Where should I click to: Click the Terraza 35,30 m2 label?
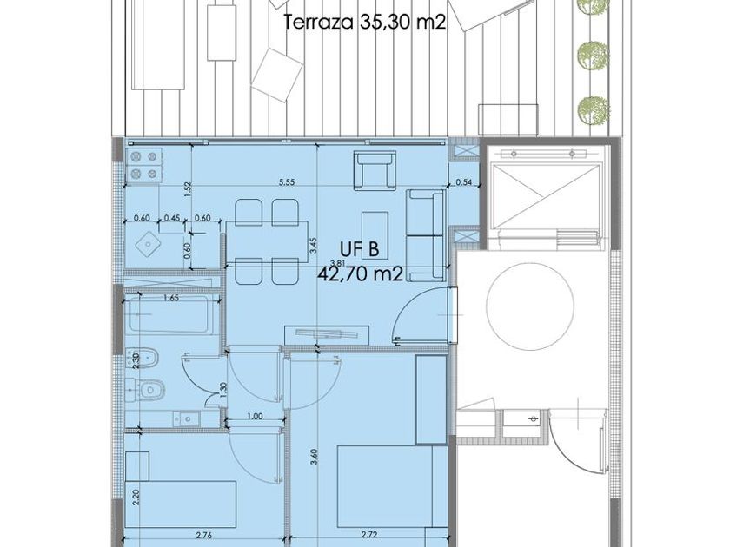[364, 22]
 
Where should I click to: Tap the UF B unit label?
[360, 250]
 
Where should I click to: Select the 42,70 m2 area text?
[360, 274]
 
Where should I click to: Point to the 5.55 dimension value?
[287, 183]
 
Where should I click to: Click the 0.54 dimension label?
[464, 182]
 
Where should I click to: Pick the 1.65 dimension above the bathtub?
[171, 298]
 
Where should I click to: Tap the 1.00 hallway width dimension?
[255, 417]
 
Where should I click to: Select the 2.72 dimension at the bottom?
[369, 536]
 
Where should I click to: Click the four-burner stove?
[143, 166]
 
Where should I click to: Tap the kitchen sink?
[148, 244]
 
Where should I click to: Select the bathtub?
[169, 315]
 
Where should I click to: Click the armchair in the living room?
[375, 170]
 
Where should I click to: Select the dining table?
[267, 243]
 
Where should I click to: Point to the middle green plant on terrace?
[594, 56]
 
